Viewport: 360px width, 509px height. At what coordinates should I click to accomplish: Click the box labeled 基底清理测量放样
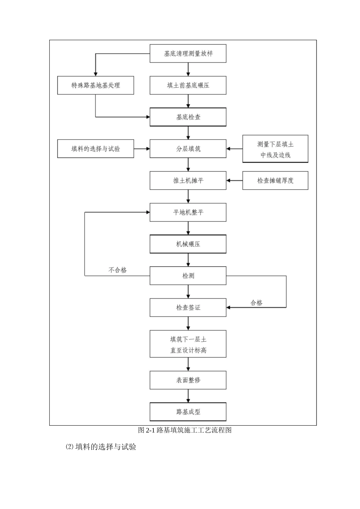click(188, 53)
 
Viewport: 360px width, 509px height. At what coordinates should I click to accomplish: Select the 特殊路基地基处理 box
click(95, 85)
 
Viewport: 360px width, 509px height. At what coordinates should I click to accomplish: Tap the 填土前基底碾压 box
click(188, 85)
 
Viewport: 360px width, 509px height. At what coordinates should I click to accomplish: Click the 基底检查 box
click(188, 117)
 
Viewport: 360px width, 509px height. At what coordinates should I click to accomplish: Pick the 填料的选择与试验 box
click(95, 149)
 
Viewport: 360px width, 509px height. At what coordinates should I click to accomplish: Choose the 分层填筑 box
click(188, 149)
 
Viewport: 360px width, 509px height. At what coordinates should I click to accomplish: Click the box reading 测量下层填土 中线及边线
click(275, 149)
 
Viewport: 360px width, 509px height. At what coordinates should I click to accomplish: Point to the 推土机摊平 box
click(188, 181)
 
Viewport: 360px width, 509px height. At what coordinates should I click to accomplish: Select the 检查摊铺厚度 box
click(275, 181)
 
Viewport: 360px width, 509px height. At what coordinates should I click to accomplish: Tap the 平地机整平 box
click(188, 212)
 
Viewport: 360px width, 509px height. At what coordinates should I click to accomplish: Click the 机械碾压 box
click(188, 244)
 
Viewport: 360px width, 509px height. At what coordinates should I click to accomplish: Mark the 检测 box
click(188, 276)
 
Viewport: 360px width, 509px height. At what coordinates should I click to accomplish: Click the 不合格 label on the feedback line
click(117, 270)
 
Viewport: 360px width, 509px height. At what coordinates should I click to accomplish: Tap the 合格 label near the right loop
click(257, 303)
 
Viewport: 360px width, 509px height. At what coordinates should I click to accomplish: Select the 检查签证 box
click(188, 308)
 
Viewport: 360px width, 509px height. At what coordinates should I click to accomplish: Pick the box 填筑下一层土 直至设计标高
click(188, 344)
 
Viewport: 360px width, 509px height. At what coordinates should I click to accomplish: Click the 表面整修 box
click(188, 380)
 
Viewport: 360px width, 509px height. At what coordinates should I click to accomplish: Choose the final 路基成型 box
click(188, 412)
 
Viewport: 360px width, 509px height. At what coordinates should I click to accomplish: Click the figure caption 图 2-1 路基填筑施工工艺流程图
click(185, 430)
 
